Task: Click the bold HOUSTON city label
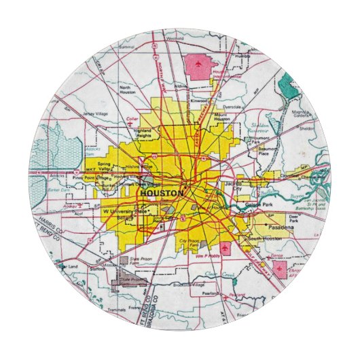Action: coord(161,194)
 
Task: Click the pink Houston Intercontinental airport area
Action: coord(197,67)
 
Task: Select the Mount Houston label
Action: coord(224,117)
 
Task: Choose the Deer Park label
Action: coord(293,219)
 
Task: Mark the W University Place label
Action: coord(125,212)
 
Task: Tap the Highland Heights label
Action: coord(143,133)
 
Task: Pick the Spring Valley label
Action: coord(105,166)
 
